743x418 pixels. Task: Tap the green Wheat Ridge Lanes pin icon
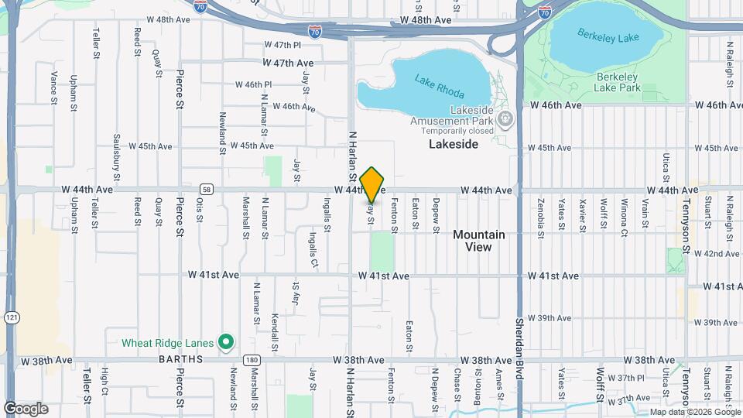click(226, 341)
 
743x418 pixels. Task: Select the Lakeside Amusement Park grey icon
click(506, 119)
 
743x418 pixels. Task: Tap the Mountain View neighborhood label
click(478, 241)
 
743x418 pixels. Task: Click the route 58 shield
click(206, 189)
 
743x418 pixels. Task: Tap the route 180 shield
click(250, 360)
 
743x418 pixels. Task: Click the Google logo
click(26, 408)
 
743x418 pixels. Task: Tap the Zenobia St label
click(540, 214)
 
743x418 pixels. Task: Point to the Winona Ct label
click(623, 214)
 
